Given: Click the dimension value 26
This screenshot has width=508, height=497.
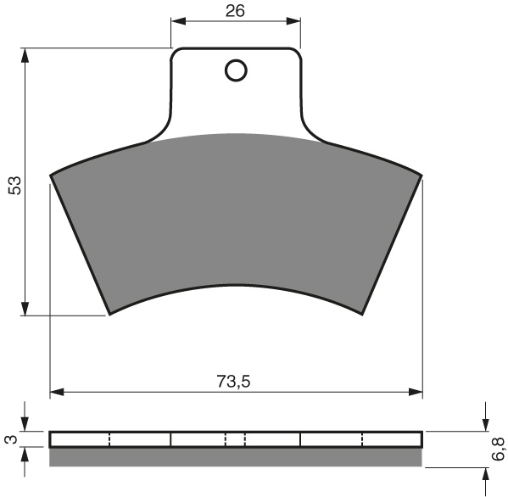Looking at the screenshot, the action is point(236,11).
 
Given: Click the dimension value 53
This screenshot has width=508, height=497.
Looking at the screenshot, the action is point(15,186).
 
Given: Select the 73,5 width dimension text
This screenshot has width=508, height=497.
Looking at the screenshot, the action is point(234,382).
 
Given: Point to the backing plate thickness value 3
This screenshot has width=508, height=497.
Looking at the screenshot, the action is point(12,439).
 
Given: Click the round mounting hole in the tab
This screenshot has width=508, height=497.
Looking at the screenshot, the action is point(236,70).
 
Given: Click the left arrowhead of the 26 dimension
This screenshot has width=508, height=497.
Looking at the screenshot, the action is point(178,21).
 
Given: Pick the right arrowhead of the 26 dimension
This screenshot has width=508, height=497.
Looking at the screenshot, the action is point(293,21).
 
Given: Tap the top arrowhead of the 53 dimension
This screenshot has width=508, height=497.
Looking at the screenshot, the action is point(25,56).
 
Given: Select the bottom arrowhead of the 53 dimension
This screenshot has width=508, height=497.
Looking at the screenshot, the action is point(25,308).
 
